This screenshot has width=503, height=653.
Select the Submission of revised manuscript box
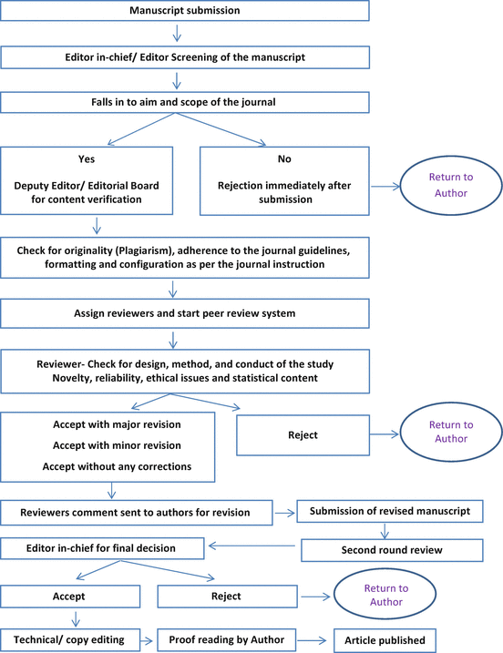[389, 512]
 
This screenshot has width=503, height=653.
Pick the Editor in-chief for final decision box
[103, 549]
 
